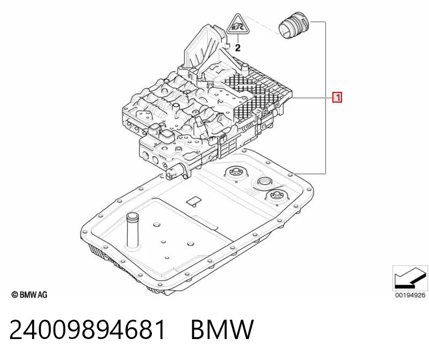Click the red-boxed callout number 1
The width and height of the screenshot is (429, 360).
337,97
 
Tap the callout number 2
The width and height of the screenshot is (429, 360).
238,48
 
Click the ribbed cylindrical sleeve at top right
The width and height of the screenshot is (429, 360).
294,26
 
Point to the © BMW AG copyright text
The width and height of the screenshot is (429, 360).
30,294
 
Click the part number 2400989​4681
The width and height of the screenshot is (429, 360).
88,329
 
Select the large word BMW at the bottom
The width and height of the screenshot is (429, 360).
222,329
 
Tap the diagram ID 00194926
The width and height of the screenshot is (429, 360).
410,295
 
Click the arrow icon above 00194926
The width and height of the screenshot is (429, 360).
410,278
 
